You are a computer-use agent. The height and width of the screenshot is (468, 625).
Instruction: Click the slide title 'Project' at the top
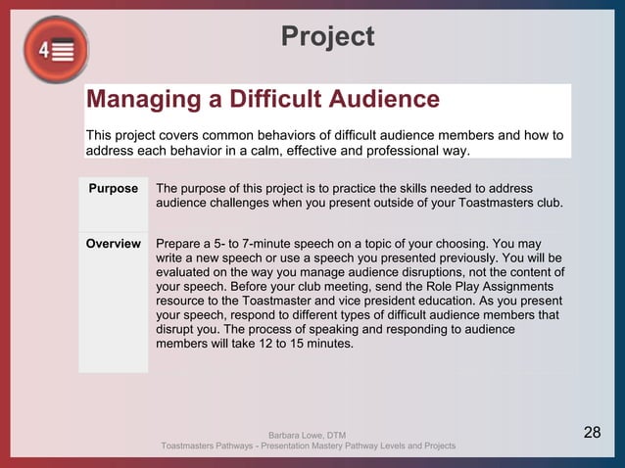(x=327, y=36)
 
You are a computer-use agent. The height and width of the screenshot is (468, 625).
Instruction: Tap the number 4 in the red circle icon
(x=45, y=50)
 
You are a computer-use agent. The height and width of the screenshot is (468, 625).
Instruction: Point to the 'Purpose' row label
(x=114, y=188)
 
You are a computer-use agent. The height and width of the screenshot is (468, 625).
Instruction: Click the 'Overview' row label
(x=114, y=243)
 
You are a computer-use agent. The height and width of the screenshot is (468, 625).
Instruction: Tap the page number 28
(x=593, y=433)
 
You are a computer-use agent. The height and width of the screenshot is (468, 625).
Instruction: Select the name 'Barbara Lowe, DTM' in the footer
(x=307, y=435)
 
